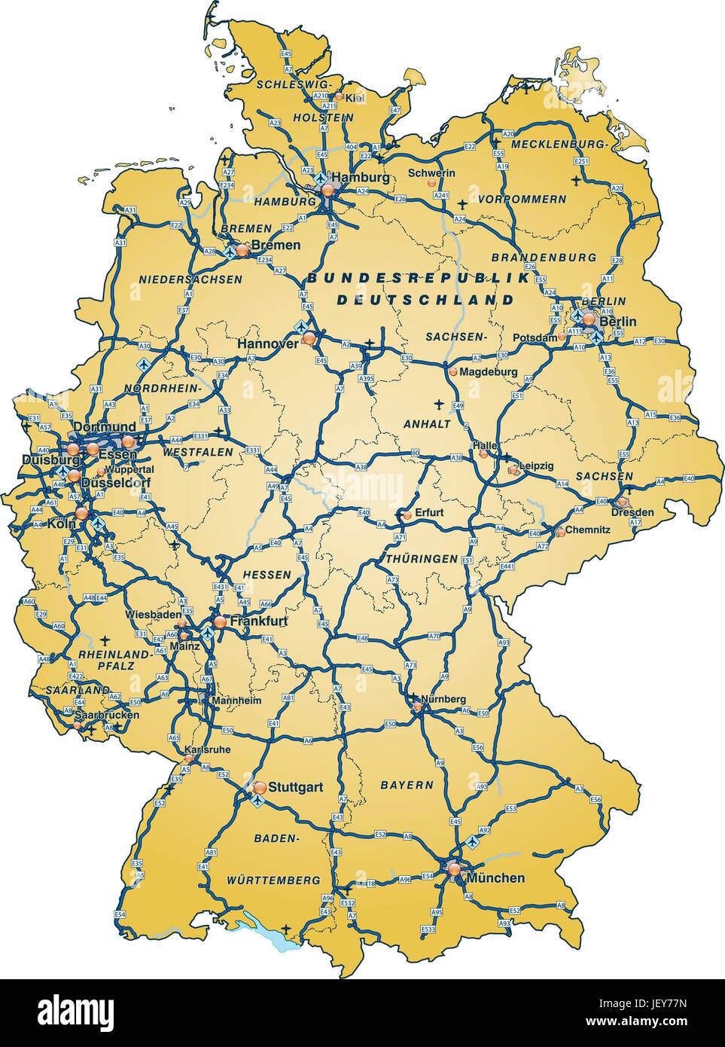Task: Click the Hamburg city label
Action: (361, 178)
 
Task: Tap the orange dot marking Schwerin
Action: (431, 183)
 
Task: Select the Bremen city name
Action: (276, 245)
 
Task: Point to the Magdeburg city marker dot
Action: (452, 371)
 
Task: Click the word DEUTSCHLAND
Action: (425, 299)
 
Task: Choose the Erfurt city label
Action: (428, 513)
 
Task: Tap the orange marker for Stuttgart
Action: (260, 787)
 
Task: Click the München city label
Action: (495, 878)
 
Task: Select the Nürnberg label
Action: (443, 699)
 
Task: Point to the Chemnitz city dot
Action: (561, 533)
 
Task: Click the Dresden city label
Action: (633, 512)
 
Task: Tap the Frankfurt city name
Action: (259, 621)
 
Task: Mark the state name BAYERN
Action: (407, 785)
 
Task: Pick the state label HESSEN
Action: (267, 574)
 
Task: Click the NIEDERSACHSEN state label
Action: (190, 279)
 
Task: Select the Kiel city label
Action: (355, 97)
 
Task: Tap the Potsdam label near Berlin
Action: (535, 338)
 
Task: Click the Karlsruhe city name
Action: (207, 749)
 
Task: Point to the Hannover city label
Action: (268, 343)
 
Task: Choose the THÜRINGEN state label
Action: (421, 558)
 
